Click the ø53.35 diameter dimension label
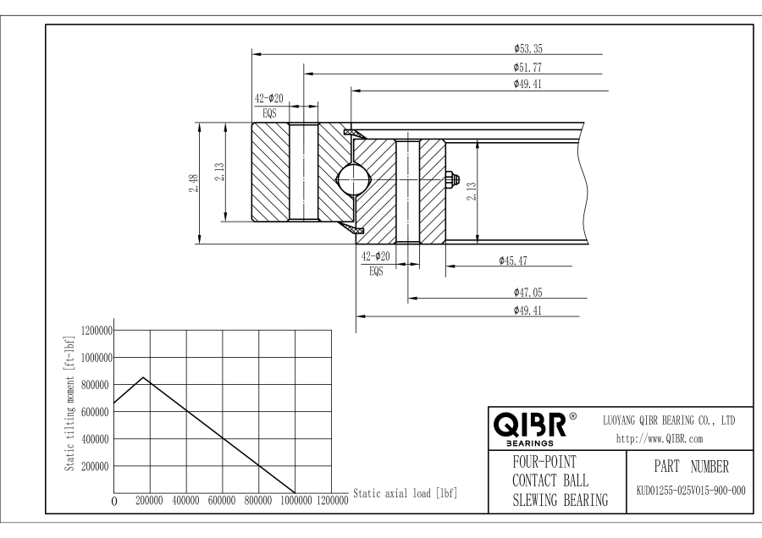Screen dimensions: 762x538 [x=528, y=48]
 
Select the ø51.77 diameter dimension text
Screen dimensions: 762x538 [x=527, y=68]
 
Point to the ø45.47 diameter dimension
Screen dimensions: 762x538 [x=513, y=261]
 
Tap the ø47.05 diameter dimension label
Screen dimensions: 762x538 [x=528, y=293]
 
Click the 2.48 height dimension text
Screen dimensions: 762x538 [x=193, y=183]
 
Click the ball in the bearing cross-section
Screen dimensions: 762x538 [x=352, y=178]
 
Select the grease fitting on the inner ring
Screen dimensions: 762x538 [x=451, y=178]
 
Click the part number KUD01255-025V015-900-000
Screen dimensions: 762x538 [x=691, y=491]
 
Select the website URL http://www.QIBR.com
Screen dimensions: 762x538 [x=660, y=439]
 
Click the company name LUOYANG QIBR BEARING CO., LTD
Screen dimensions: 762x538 [x=669, y=420]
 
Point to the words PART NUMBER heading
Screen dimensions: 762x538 [x=691, y=467]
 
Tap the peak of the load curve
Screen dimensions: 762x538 [x=143, y=377]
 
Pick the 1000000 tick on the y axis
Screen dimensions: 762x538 [x=97, y=358]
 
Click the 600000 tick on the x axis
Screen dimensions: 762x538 [x=222, y=501]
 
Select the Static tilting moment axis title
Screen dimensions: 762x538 [x=69, y=403]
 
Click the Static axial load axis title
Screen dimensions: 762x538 [x=406, y=494]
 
